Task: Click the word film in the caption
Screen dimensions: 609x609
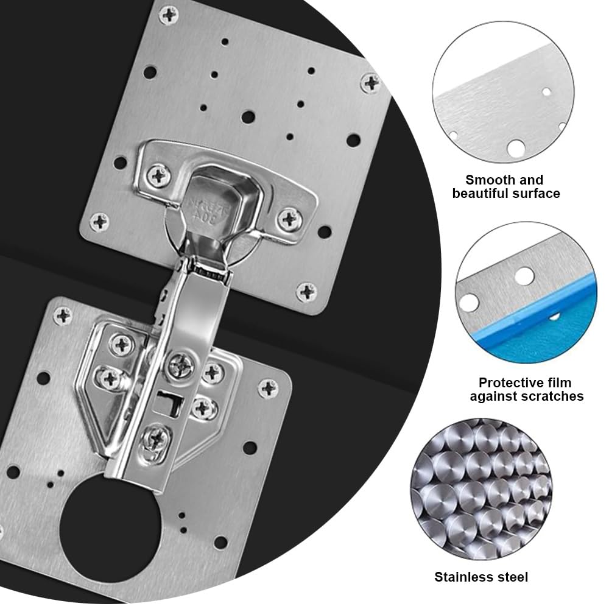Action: (x=556, y=383)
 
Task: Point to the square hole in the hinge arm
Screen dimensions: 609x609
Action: (x=169, y=403)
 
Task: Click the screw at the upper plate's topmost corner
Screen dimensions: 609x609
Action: (x=169, y=16)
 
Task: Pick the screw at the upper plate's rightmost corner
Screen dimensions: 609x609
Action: (x=370, y=83)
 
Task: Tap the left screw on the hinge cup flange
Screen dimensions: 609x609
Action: (x=158, y=175)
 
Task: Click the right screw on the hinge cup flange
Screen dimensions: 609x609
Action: (x=289, y=218)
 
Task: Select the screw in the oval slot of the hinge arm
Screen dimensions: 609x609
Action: (x=156, y=439)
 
